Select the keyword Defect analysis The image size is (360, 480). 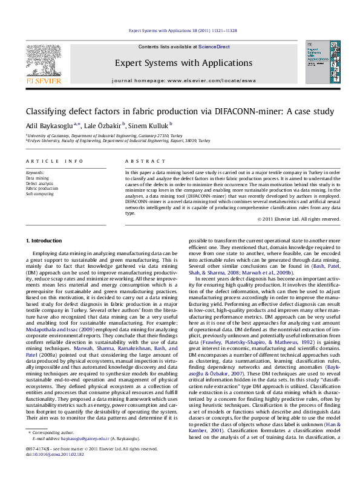39,183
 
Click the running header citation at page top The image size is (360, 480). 180,30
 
